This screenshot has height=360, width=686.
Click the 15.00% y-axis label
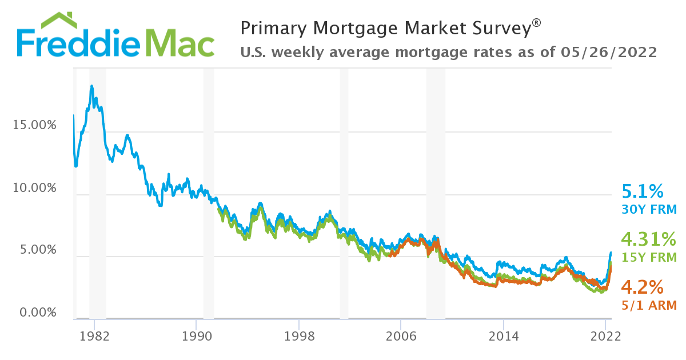34,125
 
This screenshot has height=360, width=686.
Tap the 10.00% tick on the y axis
34,188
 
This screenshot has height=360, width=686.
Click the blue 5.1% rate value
642,191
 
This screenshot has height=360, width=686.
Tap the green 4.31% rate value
649,239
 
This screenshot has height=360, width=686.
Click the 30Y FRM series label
649,210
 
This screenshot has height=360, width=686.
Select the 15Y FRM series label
649,257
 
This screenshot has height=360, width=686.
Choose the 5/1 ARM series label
649,305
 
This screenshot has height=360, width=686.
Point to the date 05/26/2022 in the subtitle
608,53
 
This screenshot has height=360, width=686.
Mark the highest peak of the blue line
91,86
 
